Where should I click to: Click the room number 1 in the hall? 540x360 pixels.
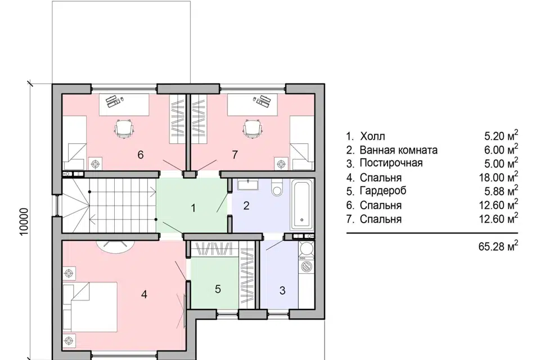[193, 208]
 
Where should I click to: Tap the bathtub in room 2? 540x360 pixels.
[303, 205]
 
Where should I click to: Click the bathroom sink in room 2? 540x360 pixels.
[247, 184]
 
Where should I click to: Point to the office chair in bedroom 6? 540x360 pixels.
[124, 129]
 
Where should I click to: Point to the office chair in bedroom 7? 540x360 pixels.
[253, 129]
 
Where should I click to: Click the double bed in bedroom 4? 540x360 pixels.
[90, 307]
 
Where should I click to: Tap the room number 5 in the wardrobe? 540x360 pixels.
[218, 289]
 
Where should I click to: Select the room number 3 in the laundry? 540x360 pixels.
[282, 290]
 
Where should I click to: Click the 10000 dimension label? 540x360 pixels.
[24, 222]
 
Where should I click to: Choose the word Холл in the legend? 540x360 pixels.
[372, 137]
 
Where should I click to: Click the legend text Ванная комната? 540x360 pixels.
[398, 150]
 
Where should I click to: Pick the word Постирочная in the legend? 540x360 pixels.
[391, 163]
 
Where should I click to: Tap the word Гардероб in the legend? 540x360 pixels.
[383, 191]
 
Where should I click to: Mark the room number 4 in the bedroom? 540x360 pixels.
[145, 294]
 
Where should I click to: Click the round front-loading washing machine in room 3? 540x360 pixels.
[307, 266]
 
